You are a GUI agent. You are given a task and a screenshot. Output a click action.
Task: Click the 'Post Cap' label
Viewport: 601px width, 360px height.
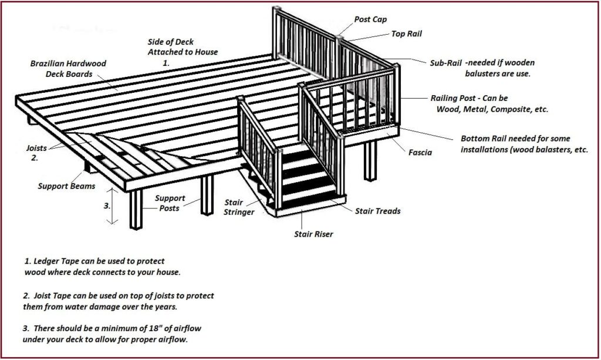[x=370, y=19]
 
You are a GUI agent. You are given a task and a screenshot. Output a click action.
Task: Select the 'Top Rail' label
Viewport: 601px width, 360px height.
[x=406, y=33]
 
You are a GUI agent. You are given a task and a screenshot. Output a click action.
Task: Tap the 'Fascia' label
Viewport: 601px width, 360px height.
[x=420, y=153]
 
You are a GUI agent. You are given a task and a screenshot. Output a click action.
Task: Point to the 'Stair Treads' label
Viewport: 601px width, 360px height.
[x=377, y=211]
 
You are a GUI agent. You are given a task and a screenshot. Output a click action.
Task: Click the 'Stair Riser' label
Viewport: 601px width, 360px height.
[x=313, y=234]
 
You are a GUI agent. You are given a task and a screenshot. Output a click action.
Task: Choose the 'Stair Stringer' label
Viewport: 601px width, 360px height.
[x=239, y=207]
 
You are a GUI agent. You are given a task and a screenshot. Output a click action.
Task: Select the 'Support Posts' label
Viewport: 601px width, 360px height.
[x=170, y=203]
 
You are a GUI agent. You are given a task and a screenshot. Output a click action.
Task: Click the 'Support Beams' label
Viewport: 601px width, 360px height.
[x=67, y=186]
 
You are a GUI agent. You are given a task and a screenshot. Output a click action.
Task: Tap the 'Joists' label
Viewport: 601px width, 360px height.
[x=36, y=148]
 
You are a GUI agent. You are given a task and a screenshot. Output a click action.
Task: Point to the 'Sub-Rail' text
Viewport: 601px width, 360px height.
[x=445, y=63]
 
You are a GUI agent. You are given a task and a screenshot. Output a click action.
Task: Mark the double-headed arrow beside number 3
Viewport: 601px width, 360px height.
[x=112, y=206]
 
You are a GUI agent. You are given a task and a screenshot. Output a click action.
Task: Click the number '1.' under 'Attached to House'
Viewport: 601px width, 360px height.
[x=166, y=63]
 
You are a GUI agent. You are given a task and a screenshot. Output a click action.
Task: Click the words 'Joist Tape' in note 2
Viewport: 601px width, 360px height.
[x=52, y=295]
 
